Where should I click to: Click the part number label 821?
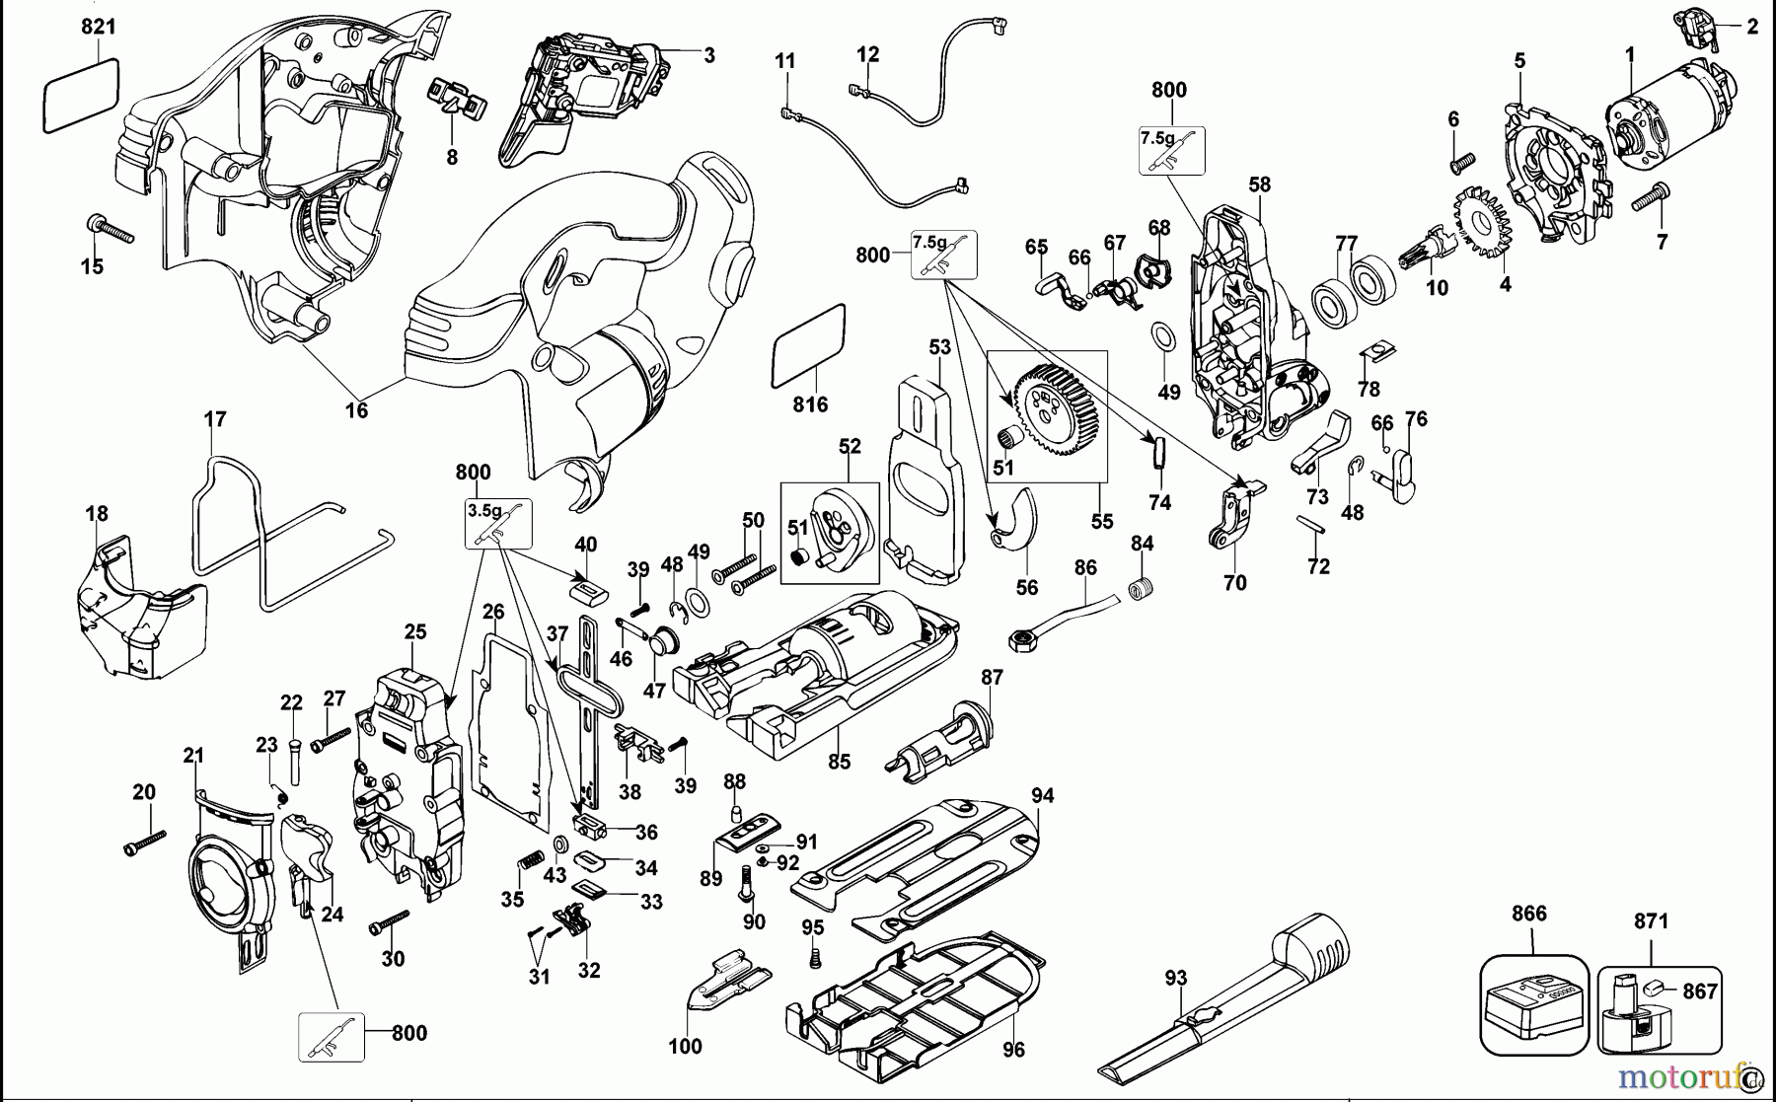(x=98, y=27)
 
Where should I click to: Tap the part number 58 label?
(x=1259, y=184)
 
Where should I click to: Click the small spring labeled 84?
(x=1142, y=587)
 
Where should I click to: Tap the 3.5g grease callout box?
(x=497, y=523)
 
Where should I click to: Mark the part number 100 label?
(x=685, y=1046)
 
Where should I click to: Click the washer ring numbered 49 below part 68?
(x=1163, y=335)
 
